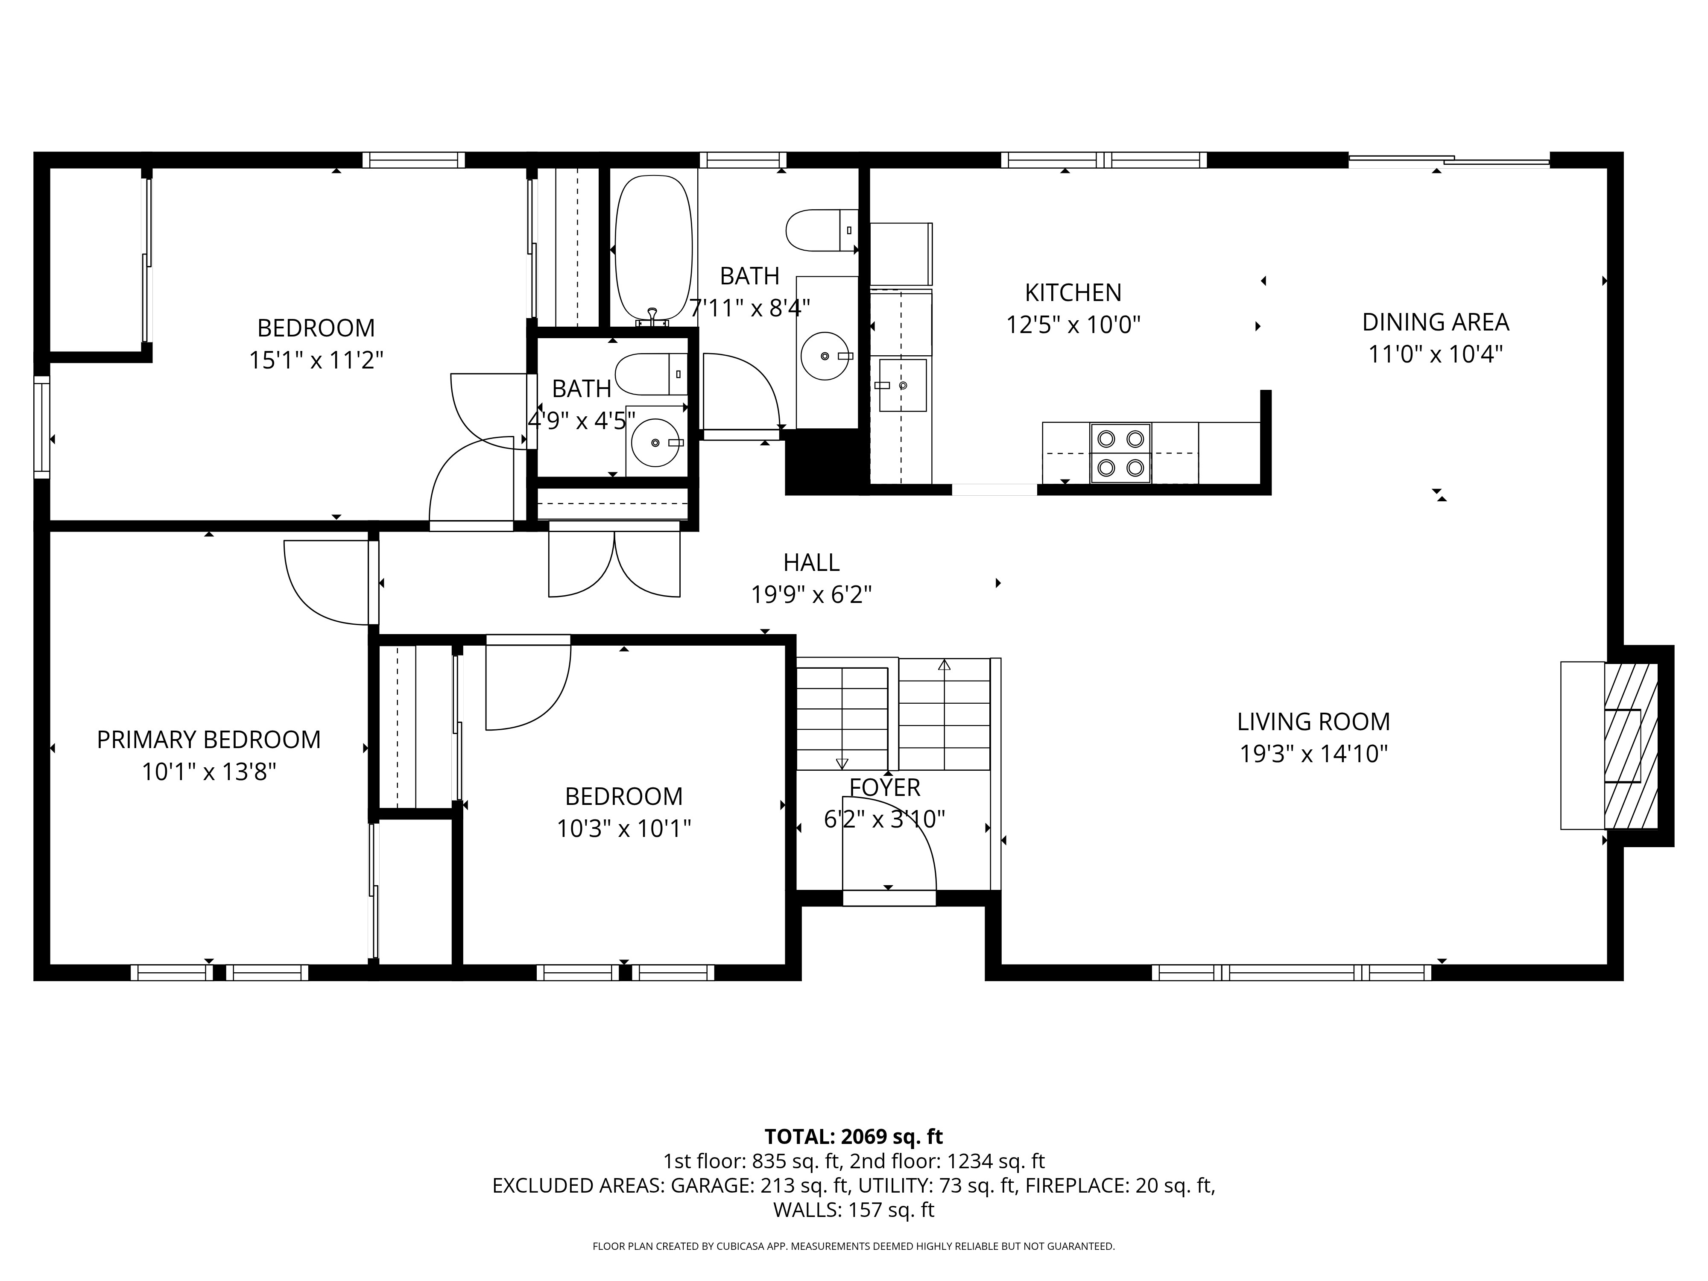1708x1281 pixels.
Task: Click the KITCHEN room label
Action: click(x=1073, y=292)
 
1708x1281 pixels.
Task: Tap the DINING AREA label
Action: click(x=1435, y=322)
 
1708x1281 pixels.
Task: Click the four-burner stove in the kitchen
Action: click(x=1120, y=453)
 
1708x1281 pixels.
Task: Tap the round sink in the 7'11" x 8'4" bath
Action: click(x=825, y=356)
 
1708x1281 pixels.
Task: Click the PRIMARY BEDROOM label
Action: click(x=208, y=740)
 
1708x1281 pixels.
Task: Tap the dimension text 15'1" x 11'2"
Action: click(x=316, y=360)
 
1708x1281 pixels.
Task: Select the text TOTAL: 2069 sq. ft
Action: click(x=853, y=1137)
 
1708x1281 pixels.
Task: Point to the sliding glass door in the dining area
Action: click(x=1448, y=161)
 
